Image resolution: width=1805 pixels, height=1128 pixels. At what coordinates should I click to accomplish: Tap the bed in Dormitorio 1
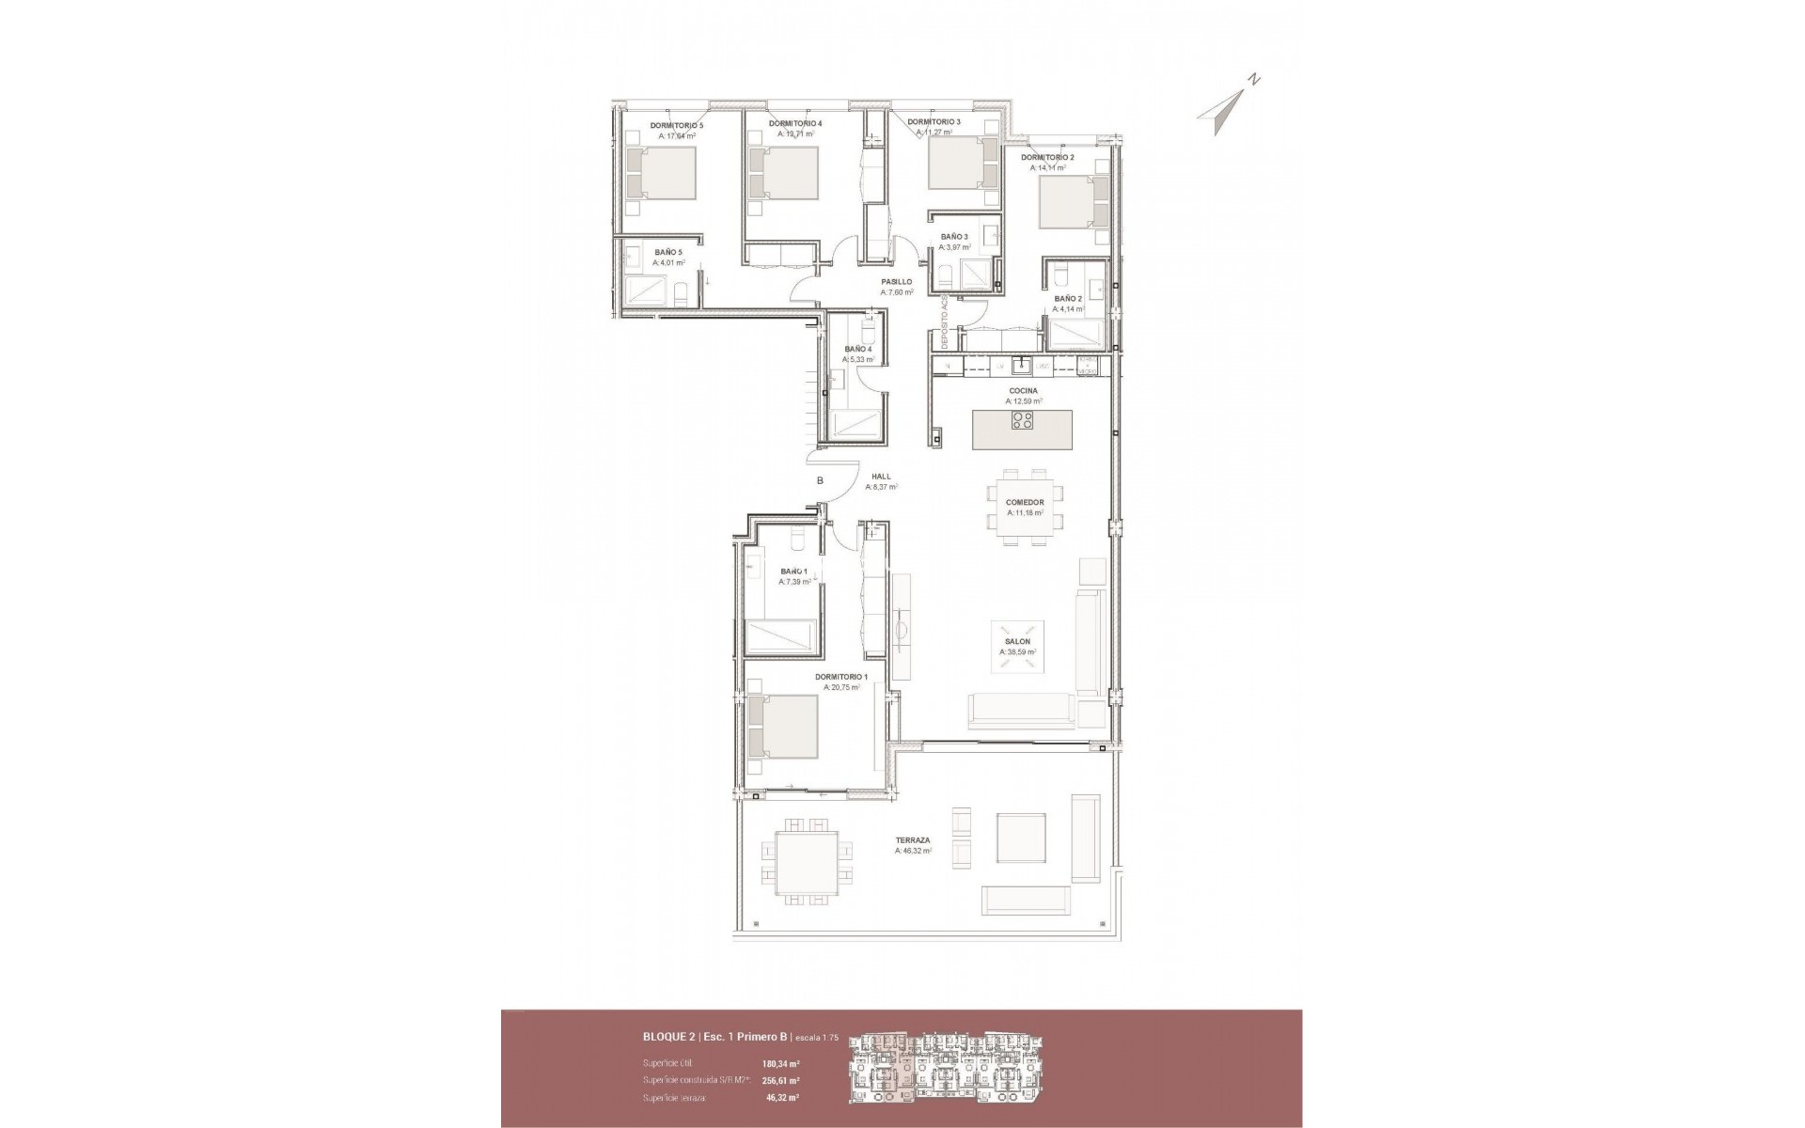(x=783, y=726)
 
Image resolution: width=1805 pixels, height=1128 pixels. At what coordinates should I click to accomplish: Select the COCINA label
(x=1023, y=391)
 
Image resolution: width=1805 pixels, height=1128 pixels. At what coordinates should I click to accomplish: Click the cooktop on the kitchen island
(x=1023, y=420)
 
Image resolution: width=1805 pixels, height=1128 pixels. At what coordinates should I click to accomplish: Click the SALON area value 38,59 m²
(x=1017, y=652)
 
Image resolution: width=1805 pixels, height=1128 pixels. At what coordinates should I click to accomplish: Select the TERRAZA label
(x=913, y=840)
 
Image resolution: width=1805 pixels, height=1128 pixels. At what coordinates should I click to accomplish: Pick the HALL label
(x=881, y=477)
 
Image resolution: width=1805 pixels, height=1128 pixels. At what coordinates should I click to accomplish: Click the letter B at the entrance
(x=820, y=480)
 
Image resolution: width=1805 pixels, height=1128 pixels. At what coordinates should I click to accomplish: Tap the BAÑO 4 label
(x=858, y=349)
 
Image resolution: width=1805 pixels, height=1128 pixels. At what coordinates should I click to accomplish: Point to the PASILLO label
(x=896, y=281)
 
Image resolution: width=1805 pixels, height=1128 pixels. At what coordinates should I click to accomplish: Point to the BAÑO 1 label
(x=793, y=572)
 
